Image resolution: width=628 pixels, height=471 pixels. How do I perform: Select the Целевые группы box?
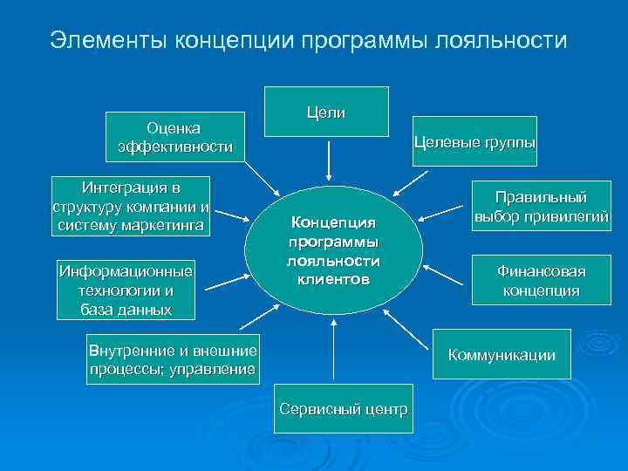click(474, 141)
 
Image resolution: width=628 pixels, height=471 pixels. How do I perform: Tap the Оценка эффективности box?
click(174, 137)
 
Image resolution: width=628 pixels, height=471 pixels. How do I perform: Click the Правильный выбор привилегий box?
click(540, 206)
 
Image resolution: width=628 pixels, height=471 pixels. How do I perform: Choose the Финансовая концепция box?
click(540, 280)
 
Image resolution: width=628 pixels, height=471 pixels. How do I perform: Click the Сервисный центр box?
click(343, 408)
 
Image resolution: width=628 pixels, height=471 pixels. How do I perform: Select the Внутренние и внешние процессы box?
click(173, 359)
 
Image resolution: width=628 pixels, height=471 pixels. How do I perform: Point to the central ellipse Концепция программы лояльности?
click(335, 249)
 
